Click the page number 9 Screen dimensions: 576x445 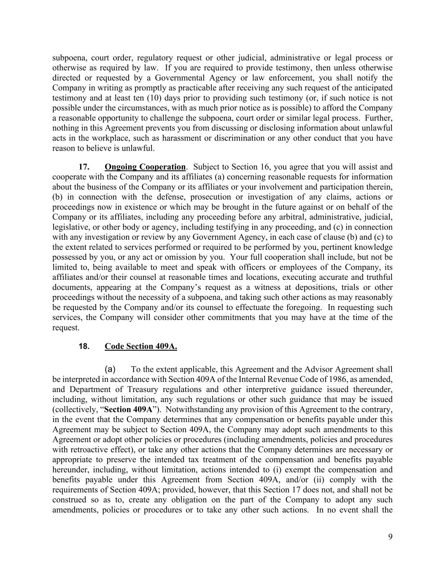[x=390, y=537]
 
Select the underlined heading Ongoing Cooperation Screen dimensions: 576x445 [x=145, y=167]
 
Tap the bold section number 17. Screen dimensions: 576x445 [x=84, y=167]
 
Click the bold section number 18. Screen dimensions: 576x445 [x=84, y=346]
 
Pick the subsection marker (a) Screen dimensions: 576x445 [x=110, y=369]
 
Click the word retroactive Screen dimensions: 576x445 [x=90, y=450]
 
